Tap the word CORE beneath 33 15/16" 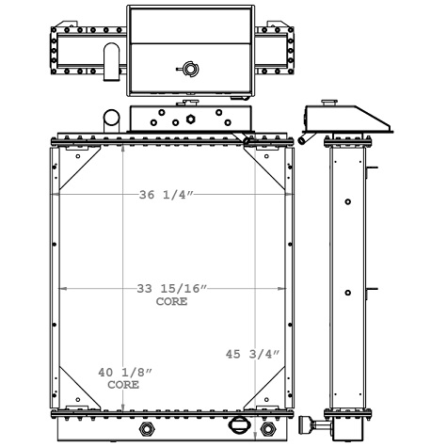click(170, 302)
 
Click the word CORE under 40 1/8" click(123, 386)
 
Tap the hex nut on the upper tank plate click(190, 120)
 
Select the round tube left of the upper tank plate click(110, 119)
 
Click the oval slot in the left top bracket click(111, 56)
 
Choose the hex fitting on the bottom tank click(147, 430)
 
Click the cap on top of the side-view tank click(328, 100)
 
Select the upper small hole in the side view click(348, 201)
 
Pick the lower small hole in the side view click(348, 293)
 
